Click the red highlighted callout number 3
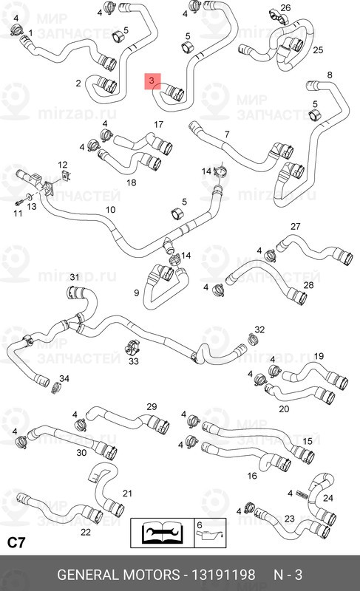[152, 81]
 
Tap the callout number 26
[286, 7]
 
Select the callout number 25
[318, 49]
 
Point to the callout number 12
[63, 165]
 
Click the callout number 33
[134, 361]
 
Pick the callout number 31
[75, 278]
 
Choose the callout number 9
[137, 293]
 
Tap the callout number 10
[110, 210]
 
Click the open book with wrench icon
[162, 532]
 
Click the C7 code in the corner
[16, 543]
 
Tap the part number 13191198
[223, 575]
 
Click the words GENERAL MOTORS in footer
[118, 575]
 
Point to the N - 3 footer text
[288, 575]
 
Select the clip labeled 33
[132, 348]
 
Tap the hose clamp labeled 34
[56, 387]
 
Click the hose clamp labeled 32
[253, 339]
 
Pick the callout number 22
[86, 532]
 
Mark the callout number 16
[252, 476]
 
